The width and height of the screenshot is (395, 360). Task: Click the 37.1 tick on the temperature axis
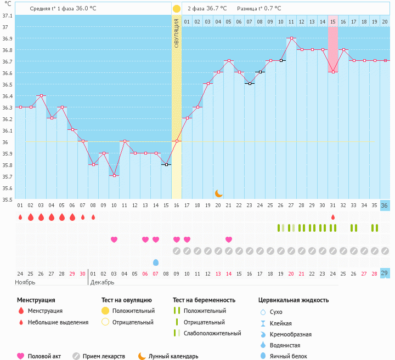[x=8, y=15]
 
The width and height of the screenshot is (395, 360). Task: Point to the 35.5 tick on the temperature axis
[x=8, y=200]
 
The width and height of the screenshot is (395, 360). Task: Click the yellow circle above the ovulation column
[x=177, y=9]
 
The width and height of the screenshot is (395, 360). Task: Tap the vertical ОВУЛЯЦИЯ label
[x=177, y=33]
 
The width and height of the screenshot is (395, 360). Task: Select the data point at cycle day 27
[x=291, y=38]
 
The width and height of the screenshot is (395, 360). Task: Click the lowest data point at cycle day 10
[x=114, y=175]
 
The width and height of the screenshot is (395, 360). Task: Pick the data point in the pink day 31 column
[x=332, y=72]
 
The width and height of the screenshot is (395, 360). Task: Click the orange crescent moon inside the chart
[x=218, y=193]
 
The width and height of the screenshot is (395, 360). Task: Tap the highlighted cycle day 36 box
[x=385, y=205]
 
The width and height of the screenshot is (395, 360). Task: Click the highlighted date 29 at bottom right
[x=385, y=273]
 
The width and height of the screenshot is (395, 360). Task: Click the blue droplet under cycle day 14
[x=156, y=262]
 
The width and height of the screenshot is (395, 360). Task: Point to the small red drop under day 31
[x=332, y=217]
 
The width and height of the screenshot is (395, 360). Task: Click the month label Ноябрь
[x=25, y=282]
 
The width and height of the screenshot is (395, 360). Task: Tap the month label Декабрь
[x=102, y=282]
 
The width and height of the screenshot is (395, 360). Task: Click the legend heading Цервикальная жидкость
[x=294, y=300]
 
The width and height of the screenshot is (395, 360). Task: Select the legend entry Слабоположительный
[x=212, y=333]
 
